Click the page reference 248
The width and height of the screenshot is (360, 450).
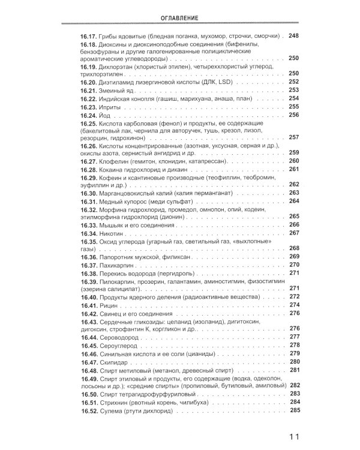(x=293, y=36)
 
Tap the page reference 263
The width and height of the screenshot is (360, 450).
(x=293, y=193)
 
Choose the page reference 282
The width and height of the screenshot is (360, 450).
(x=293, y=386)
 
